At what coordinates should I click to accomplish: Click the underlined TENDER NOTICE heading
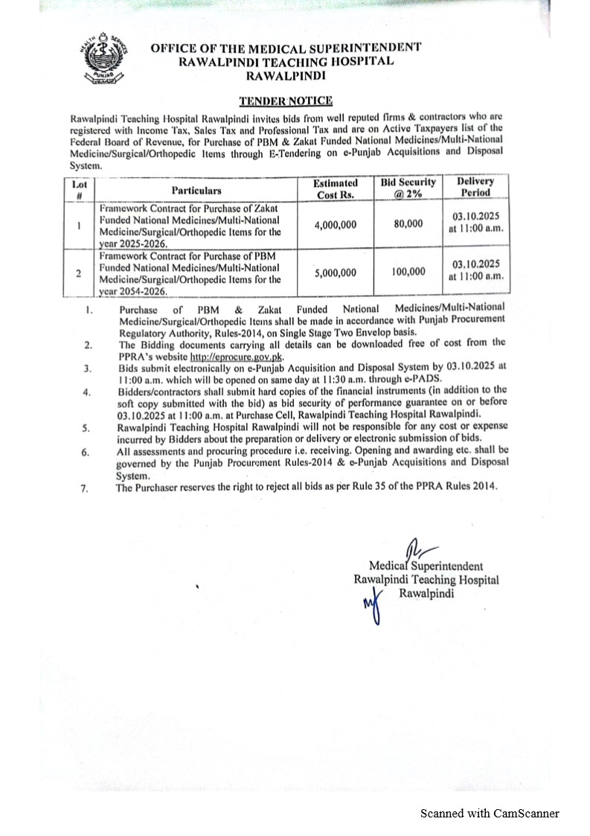coord(285,100)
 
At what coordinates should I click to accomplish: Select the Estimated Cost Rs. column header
coord(334,188)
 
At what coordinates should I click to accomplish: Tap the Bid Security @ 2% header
coord(408,188)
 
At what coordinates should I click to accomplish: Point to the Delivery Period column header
coord(475,187)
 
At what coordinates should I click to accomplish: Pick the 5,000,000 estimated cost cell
coord(336,272)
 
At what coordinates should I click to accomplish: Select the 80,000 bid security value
coord(408,223)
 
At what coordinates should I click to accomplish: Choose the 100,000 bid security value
coord(408,272)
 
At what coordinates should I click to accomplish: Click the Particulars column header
coord(196,191)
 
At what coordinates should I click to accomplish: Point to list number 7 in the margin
coord(84,488)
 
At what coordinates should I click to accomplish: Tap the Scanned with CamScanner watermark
coord(490,814)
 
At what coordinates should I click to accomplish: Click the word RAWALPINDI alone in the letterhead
coord(286,75)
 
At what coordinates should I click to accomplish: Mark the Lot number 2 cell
coord(79,272)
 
